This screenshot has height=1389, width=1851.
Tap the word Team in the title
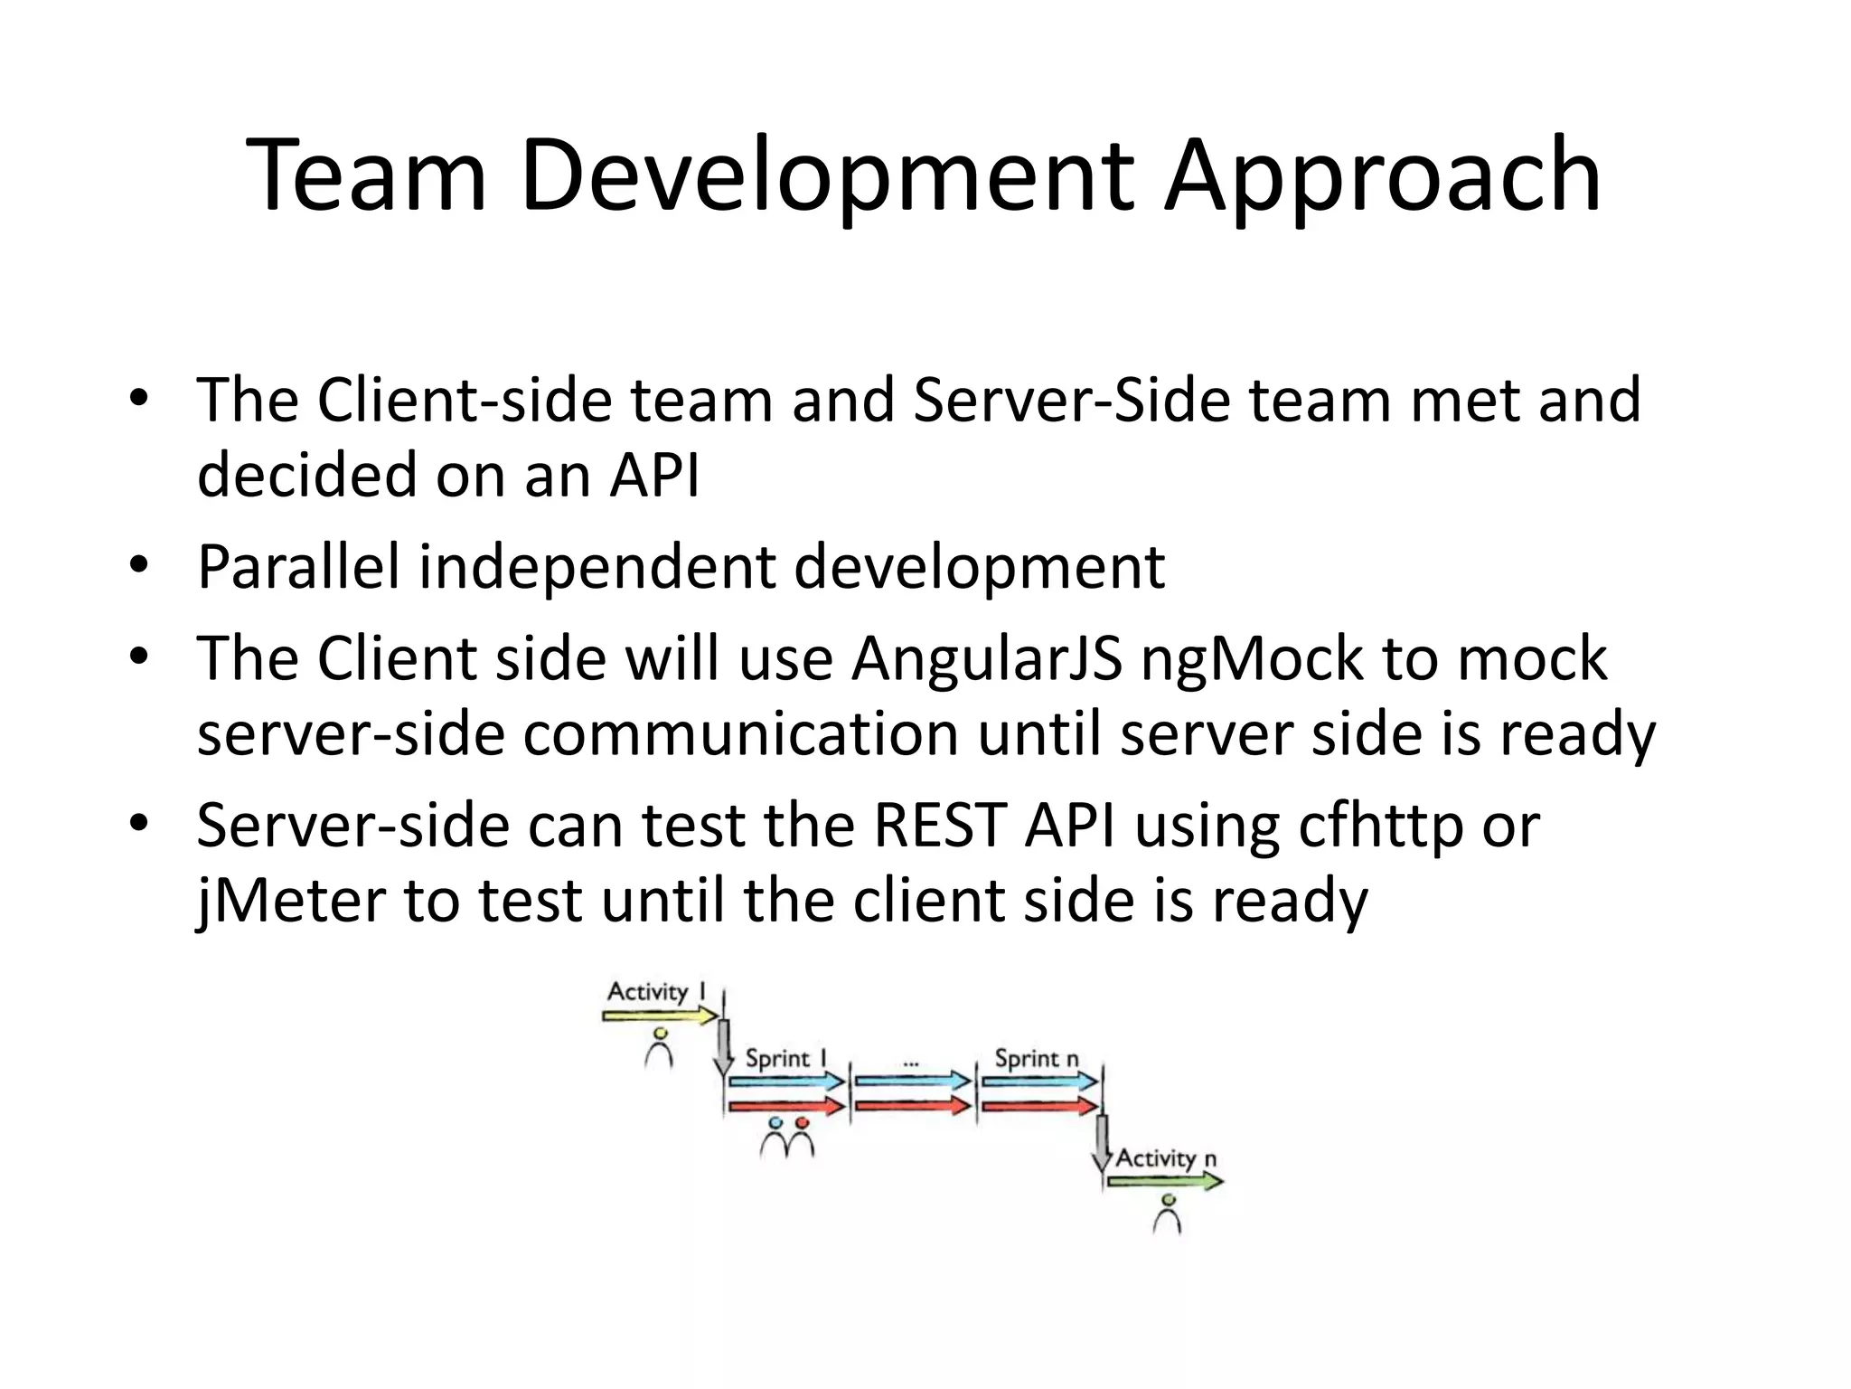coord(367,176)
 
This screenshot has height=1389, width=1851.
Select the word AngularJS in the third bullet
coord(986,658)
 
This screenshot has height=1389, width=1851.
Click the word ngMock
coord(1251,658)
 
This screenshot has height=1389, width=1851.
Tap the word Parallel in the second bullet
coord(298,568)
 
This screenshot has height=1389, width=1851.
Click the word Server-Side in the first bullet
coord(1072,401)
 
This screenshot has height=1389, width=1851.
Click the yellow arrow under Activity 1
coord(660,1016)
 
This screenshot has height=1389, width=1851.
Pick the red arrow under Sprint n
coord(1039,1105)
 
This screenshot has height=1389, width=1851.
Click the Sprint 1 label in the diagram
coord(785,1058)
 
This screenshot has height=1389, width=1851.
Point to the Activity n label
coord(1166,1158)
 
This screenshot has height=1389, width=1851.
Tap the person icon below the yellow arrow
coord(660,1048)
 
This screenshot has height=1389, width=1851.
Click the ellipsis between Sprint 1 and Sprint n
coord(911,1064)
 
